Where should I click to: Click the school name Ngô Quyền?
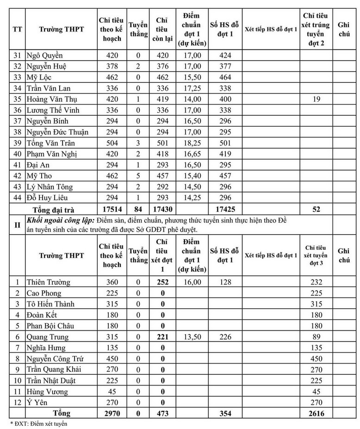pyautogui.click(x=45, y=56)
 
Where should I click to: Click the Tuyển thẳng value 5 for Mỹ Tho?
pyautogui.click(x=138, y=176)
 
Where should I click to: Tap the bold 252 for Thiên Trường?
pyautogui.click(x=161, y=282)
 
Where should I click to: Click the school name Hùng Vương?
pyautogui.click(x=47, y=392)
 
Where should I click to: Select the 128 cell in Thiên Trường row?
pyautogui.click(x=224, y=282)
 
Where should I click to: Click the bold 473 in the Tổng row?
pyautogui.click(x=161, y=413)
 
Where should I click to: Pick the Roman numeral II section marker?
pyautogui.click(x=17, y=225)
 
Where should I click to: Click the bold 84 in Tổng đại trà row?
pyautogui.click(x=138, y=209)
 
